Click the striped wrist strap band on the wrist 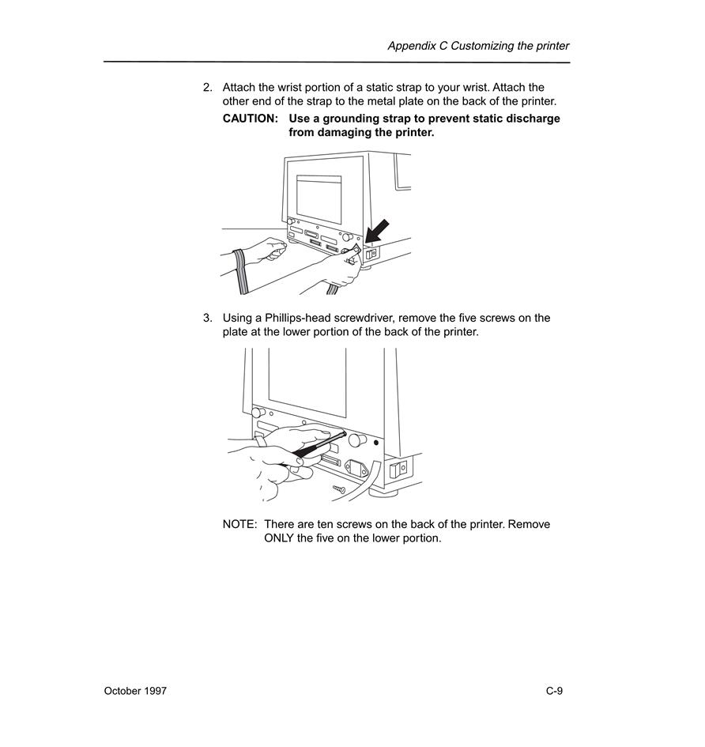pyautogui.click(x=240, y=272)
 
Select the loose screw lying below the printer pyautogui.click(x=339, y=489)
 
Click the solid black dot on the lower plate pyautogui.click(x=376, y=443)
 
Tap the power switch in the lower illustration pyautogui.click(x=398, y=470)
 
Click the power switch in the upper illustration pyautogui.click(x=371, y=254)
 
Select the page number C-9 pyautogui.click(x=555, y=691)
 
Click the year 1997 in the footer pyautogui.click(x=154, y=691)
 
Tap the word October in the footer pyautogui.click(x=121, y=691)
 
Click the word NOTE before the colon pyautogui.click(x=238, y=525)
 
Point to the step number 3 pyautogui.click(x=207, y=319)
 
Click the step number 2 pyautogui.click(x=207, y=88)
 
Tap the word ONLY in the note pyautogui.click(x=279, y=538)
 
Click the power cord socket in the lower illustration pyautogui.click(x=356, y=468)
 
